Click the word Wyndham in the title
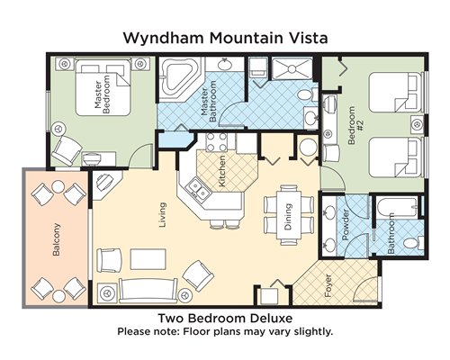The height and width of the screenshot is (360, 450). (x=165, y=39)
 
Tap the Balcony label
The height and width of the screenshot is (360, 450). (x=56, y=239)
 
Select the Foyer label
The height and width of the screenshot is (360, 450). (x=328, y=285)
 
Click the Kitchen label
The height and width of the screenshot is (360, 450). (x=222, y=171)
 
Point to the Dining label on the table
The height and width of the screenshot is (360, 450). (x=288, y=217)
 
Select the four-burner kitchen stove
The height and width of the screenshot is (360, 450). (x=217, y=142)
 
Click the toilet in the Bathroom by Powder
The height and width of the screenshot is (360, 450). (x=413, y=242)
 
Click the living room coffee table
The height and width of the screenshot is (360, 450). (x=148, y=259)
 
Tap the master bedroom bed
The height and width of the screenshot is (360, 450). (x=103, y=87)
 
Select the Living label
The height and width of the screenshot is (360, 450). (x=162, y=215)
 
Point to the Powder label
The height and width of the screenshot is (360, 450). (x=346, y=225)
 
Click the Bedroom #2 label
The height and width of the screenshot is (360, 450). (x=355, y=125)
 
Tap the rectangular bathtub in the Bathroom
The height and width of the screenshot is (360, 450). (x=397, y=207)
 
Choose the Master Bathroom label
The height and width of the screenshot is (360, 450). (x=209, y=104)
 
